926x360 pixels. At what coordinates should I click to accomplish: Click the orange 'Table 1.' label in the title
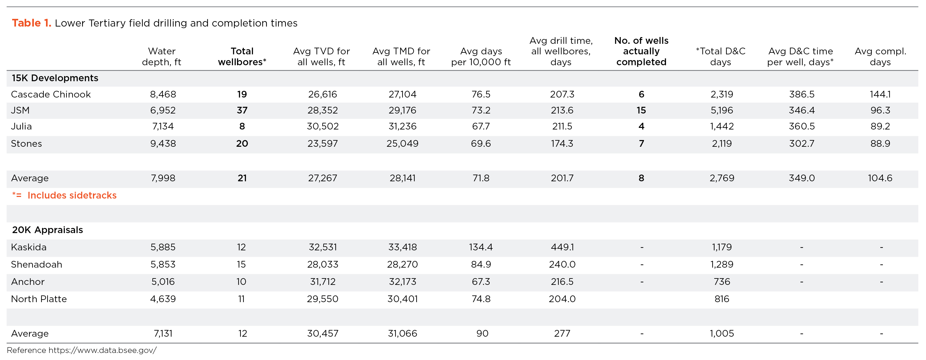tap(32, 23)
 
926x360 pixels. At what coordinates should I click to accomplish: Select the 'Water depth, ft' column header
tap(162, 57)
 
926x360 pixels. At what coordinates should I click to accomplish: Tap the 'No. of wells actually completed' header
tap(641, 51)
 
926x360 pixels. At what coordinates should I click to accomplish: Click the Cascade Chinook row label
tap(51, 94)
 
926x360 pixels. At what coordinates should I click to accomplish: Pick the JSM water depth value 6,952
tap(163, 110)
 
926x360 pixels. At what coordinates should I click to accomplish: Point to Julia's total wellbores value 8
tap(242, 126)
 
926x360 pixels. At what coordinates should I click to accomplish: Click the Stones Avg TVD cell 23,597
tap(322, 144)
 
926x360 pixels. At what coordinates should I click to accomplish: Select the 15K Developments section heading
tap(55, 78)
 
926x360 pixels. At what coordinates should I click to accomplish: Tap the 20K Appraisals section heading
tap(48, 230)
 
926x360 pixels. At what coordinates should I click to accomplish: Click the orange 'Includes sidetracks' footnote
tap(72, 195)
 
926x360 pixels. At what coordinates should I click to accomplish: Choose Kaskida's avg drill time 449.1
tap(562, 247)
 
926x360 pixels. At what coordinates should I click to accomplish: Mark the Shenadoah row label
tap(36, 264)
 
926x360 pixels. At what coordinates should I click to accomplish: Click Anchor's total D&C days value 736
tap(722, 282)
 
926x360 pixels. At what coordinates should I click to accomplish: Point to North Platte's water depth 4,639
tap(163, 299)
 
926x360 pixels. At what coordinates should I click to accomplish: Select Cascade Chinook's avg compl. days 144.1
tap(880, 94)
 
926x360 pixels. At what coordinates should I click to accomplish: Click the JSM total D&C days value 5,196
tap(722, 110)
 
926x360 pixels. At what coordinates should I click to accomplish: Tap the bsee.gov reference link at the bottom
tap(103, 350)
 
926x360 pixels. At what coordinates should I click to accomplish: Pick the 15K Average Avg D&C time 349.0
tap(802, 178)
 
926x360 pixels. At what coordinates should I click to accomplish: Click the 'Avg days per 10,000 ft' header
tap(481, 57)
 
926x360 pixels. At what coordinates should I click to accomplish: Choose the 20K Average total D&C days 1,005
tap(722, 333)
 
